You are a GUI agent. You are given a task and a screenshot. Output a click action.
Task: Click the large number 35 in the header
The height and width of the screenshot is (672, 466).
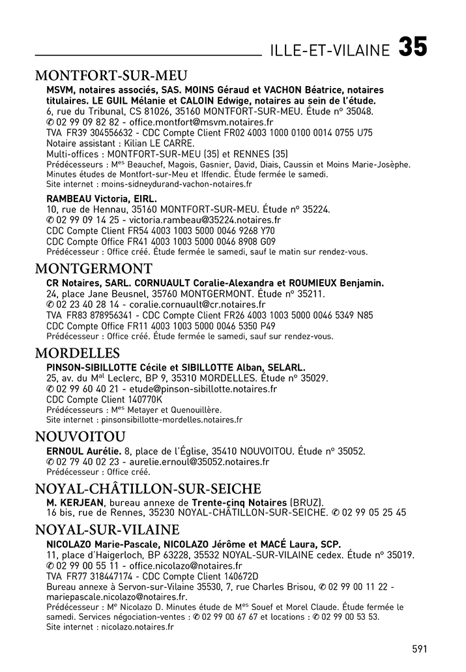pos(413,48)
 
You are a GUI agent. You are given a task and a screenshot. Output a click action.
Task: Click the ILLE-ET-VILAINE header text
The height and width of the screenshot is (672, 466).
pos(330,50)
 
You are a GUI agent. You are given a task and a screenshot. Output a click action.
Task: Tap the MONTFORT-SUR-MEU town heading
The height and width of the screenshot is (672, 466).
pos(111,75)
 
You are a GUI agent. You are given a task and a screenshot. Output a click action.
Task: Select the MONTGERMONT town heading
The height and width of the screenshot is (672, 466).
pos(94,268)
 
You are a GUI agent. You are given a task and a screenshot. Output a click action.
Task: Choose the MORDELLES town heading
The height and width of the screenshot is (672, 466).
pos(78,353)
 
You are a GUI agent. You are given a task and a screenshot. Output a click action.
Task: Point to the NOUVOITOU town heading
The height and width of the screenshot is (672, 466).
pos(80,436)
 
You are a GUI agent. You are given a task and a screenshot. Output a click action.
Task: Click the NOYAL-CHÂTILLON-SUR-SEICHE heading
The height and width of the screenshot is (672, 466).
pos(148,489)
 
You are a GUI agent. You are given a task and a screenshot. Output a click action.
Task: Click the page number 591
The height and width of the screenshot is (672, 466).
pos(420,649)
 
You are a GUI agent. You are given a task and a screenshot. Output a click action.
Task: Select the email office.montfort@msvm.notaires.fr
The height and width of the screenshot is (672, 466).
pos(201,122)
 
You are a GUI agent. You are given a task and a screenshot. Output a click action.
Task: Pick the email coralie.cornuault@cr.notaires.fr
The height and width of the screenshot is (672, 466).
pos(197,305)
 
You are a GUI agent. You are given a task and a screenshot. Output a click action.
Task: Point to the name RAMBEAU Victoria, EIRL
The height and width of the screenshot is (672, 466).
pos(102,198)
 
